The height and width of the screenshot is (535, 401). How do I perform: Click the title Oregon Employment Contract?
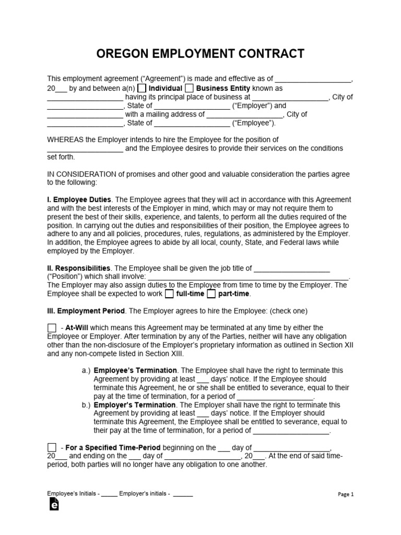coord(200,54)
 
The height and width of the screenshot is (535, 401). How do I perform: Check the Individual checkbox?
coord(142,88)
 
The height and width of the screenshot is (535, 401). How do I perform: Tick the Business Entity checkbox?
coord(190,88)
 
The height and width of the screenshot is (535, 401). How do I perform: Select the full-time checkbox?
coord(169,294)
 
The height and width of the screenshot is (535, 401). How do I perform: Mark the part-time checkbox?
coord(211,294)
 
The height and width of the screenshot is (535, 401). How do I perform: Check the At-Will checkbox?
coord(52,328)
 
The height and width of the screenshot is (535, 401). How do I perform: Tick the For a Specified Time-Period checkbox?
coord(52,448)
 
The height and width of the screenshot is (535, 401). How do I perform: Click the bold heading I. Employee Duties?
coord(79,200)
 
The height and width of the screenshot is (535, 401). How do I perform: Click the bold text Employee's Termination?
coord(135,370)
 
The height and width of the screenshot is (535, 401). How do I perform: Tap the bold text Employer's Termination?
coord(135,405)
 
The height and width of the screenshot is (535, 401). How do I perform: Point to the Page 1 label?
coord(346,494)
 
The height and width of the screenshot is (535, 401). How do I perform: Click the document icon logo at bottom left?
coord(53,504)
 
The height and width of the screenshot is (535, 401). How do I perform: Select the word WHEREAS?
coord(65,139)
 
